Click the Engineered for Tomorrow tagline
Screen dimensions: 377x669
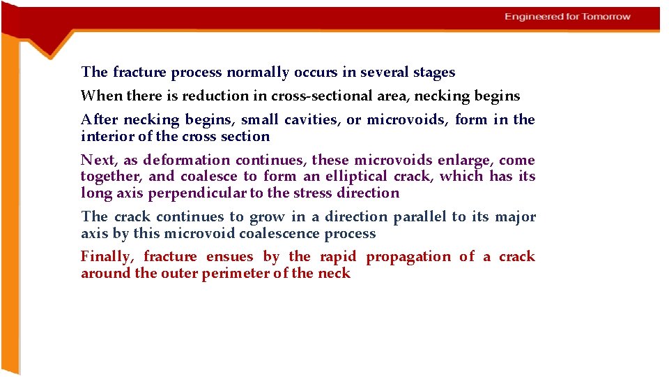click(x=567, y=17)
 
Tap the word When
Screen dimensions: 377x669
click(x=95, y=96)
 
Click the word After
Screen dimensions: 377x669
click(x=95, y=120)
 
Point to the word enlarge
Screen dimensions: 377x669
click(x=461, y=161)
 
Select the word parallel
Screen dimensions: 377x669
click(x=420, y=217)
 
